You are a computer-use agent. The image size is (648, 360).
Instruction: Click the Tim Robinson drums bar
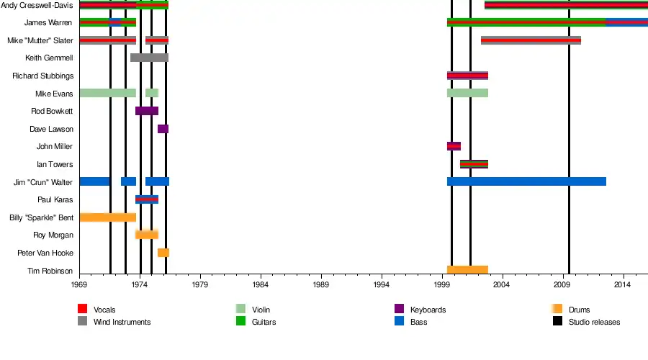(x=467, y=270)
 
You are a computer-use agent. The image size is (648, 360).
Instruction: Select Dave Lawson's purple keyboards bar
(x=163, y=129)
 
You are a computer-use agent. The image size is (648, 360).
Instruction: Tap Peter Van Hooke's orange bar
(x=163, y=253)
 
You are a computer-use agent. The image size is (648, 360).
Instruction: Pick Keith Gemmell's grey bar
(x=149, y=58)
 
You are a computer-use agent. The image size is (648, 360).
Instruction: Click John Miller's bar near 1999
(x=454, y=146)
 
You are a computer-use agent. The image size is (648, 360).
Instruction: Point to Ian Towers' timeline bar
(x=474, y=164)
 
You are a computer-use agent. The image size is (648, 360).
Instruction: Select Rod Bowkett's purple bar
(x=147, y=111)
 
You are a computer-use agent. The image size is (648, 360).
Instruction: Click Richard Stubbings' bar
(x=467, y=76)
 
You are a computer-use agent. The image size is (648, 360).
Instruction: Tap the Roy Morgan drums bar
(x=147, y=235)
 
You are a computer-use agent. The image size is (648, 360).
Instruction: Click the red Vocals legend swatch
(x=82, y=310)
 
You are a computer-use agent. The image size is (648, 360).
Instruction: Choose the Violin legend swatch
(x=240, y=310)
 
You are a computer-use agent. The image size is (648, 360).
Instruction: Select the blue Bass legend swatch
(x=399, y=322)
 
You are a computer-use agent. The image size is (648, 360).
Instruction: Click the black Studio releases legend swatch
(x=557, y=322)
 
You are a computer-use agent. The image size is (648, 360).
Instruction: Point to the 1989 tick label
(x=321, y=285)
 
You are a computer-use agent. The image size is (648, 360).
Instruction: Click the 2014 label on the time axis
(x=624, y=285)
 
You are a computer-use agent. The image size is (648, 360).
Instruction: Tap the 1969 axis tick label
(x=79, y=285)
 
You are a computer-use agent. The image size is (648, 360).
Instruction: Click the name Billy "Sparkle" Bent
(x=41, y=217)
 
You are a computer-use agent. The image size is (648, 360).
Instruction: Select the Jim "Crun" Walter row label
(x=43, y=182)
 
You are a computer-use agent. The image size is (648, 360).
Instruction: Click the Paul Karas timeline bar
(x=147, y=199)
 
